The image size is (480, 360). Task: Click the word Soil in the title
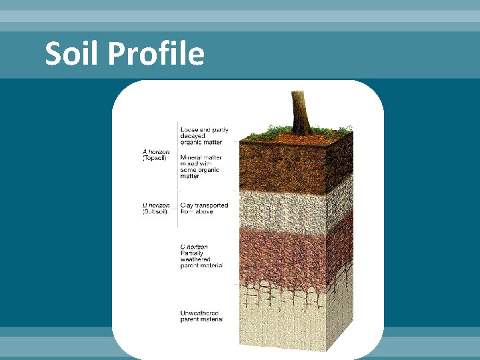coord(71,53)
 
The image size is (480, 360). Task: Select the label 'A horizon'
coord(155,152)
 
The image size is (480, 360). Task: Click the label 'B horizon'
coord(155,205)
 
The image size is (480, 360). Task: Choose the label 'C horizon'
coord(194,247)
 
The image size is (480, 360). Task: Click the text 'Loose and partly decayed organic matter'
coord(204,135)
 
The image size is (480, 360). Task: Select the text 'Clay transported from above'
coord(204,209)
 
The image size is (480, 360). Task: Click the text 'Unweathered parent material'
coord(201,316)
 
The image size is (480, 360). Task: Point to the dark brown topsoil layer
coord(287,167)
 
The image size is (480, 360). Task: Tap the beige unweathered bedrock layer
coord(287,320)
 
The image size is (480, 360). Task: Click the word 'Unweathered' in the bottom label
coord(199,313)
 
